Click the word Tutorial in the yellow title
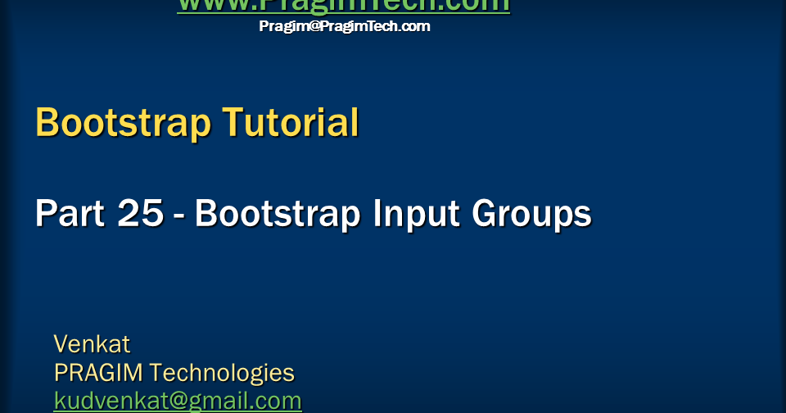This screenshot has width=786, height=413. tap(291, 122)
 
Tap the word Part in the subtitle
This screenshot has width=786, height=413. tap(70, 214)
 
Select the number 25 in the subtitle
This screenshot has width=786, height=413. tap(141, 214)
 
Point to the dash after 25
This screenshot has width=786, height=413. tap(179, 217)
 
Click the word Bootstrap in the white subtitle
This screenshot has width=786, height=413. tap(278, 214)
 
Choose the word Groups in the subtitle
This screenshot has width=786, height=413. tap(531, 215)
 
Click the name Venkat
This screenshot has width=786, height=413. tap(92, 343)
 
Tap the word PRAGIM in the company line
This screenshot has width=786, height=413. tap(98, 373)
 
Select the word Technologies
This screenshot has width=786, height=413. tap(222, 374)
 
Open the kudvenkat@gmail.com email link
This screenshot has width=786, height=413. tap(178, 401)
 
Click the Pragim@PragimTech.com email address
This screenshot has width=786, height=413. tap(345, 26)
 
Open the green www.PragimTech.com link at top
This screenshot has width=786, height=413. tap(343, 5)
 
